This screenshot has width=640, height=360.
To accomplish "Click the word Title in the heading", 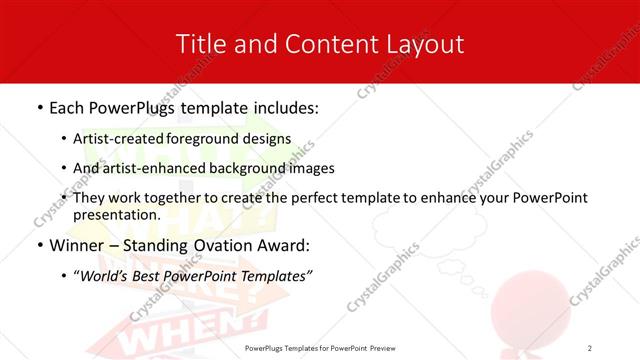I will (x=201, y=44).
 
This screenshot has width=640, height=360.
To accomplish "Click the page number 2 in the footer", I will (x=591, y=347).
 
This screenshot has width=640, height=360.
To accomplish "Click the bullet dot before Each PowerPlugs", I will (x=39, y=106).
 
